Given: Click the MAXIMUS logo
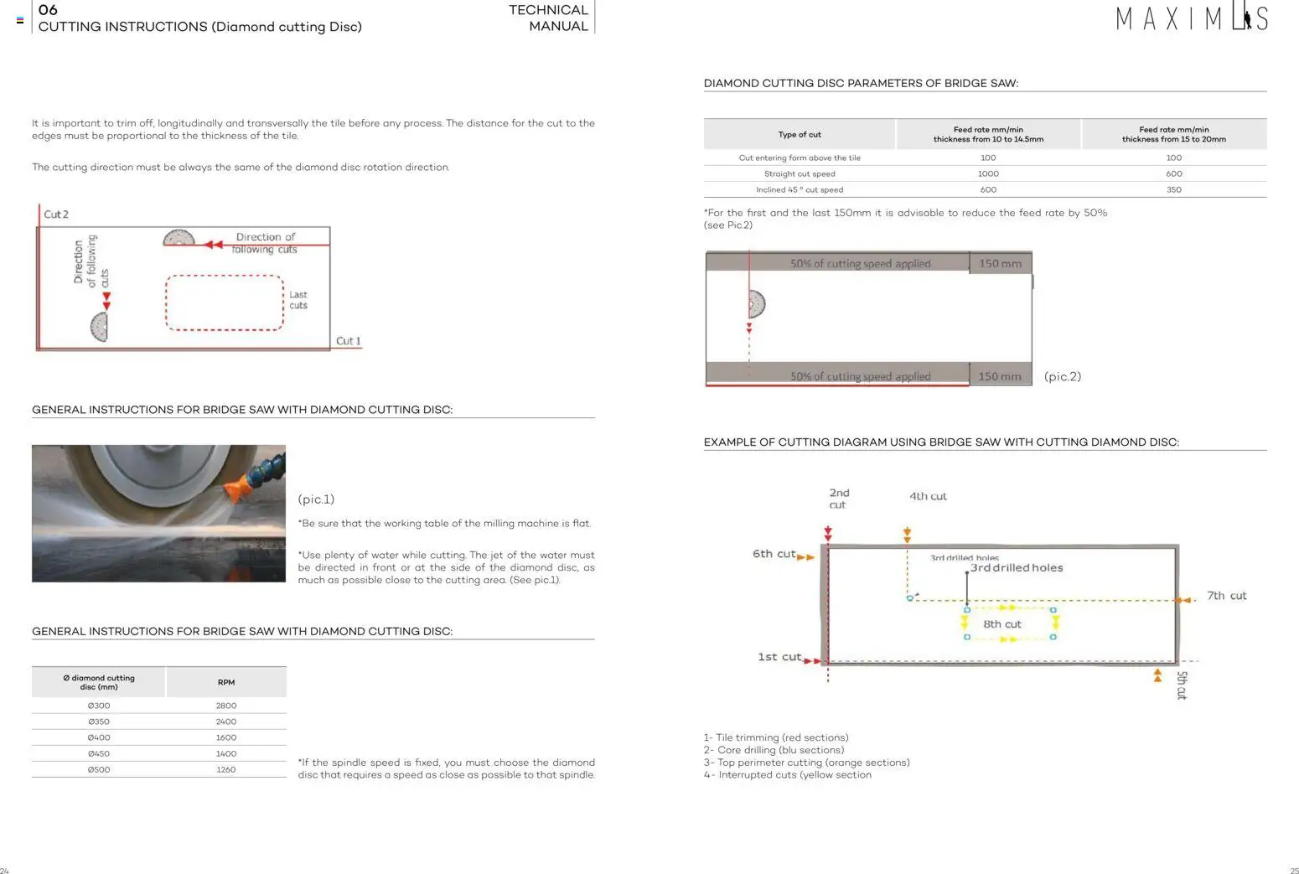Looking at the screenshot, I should [1191, 18].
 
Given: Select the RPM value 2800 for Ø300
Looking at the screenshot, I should [226, 706].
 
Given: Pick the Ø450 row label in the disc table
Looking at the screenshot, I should [99, 753].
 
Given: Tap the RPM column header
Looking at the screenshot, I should [226, 682].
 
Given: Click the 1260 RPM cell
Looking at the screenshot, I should [226, 769].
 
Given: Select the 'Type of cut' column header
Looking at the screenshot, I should [800, 134].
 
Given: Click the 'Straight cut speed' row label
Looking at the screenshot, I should [800, 173].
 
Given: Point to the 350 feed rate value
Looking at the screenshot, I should [1173, 189].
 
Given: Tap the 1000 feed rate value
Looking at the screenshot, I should [988, 173].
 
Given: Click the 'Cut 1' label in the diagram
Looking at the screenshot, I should [348, 341].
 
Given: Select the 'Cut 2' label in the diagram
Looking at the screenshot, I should [56, 215].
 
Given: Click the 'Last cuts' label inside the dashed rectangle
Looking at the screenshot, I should [298, 300].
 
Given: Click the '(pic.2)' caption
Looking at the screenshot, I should [1062, 376].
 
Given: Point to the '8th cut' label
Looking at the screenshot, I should [1002, 624].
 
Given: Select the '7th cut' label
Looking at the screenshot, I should [1226, 596].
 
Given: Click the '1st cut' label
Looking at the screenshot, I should [779, 657].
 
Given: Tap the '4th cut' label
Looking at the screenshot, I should [928, 496].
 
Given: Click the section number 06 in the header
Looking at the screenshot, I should [48, 10].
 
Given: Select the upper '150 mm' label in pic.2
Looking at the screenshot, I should [1000, 263].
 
